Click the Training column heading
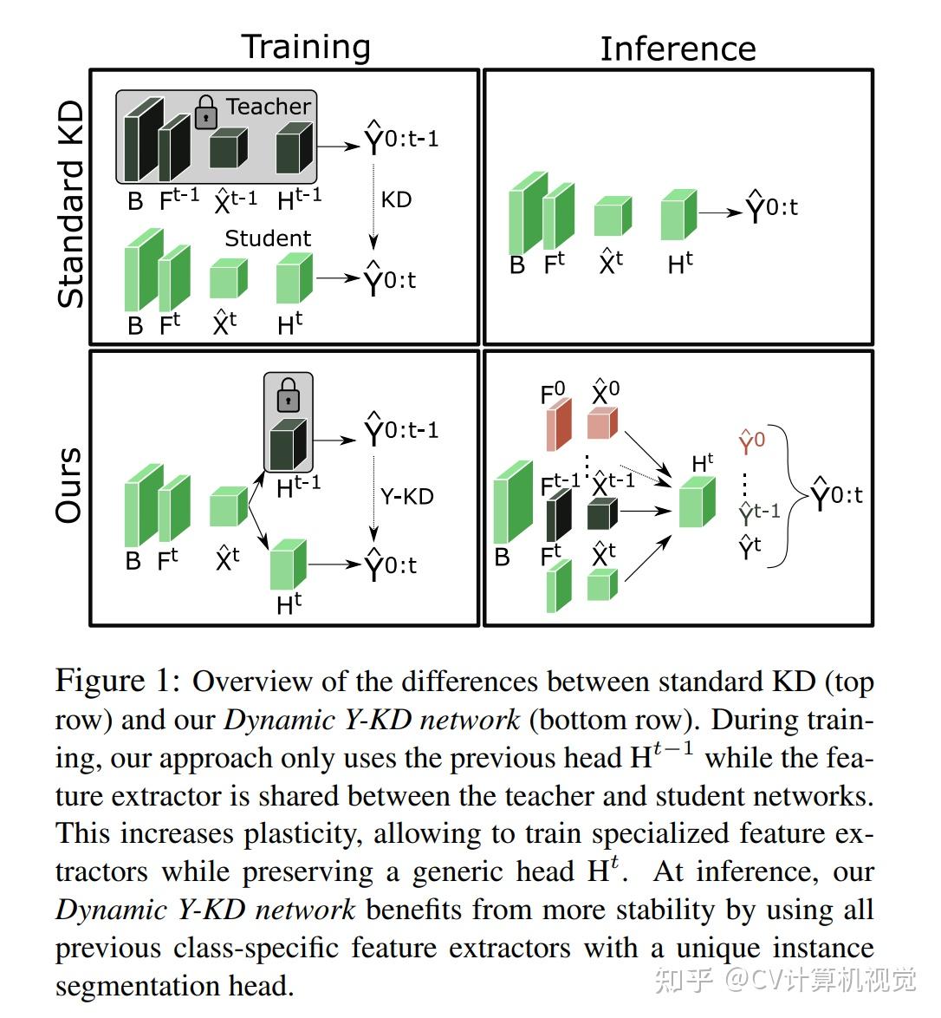tap(307, 48)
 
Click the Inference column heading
tap(678, 49)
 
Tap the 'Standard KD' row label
tap(71, 204)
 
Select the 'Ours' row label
tap(69, 485)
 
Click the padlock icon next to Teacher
tap(205, 113)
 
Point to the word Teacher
tap(269, 106)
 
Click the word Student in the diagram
tap(268, 238)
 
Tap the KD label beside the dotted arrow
tap(397, 199)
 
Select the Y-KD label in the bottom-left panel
tap(407, 497)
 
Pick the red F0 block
tap(559, 425)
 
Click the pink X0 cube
tap(602, 423)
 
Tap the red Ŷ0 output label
tap(752, 441)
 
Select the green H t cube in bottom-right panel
tap(698, 503)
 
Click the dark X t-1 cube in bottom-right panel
tap(602, 514)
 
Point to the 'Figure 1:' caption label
tap(118, 681)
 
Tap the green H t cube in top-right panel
tap(678, 215)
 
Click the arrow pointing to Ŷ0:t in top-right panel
tap(720, 212)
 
